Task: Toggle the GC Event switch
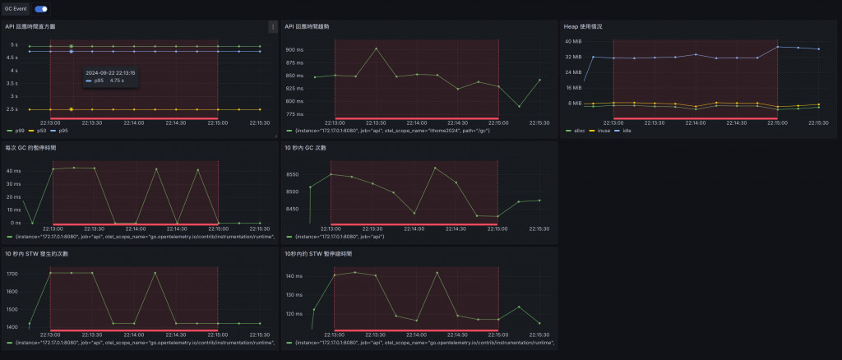point(40,9)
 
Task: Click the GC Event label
point(16,9)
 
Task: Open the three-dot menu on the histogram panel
point(272,27)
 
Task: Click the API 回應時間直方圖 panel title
point(30,27)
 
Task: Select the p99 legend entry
point(16,130)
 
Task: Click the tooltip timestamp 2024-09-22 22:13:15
point(110,72)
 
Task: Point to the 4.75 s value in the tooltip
point(117,81)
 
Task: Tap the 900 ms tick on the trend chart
point(294,50)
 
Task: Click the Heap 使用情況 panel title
point(582,27)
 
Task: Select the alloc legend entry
point(575,130)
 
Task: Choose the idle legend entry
point(627,130)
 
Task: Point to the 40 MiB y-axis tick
point(573,41)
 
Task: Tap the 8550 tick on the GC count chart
point(297,175)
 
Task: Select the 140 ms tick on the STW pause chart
point(294,277)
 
